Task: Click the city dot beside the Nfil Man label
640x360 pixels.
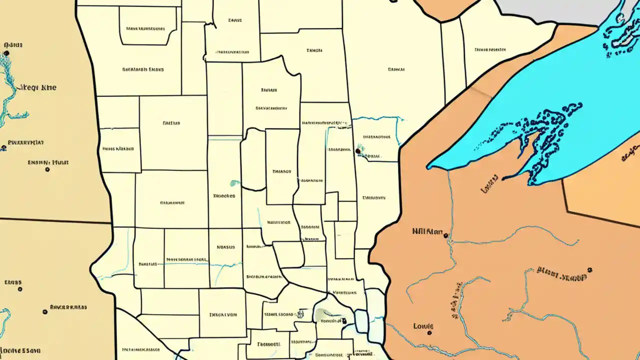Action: tap(445, 235)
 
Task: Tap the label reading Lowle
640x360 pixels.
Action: tap(422, 326)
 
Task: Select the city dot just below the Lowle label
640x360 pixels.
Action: tap(429, 332)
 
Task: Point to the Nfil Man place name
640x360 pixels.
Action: tap(427, 231)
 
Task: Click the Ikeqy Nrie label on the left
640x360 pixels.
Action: tap(37, 87)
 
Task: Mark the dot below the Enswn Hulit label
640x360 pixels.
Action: tap(47, 169)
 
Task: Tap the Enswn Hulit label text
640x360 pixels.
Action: tap(48, 162)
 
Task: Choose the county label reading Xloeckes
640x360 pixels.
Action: tap(223, 196)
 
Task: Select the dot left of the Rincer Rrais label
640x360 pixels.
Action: tap(45, 311)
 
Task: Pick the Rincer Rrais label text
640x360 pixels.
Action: tap(68, 307)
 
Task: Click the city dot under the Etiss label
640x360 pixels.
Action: tap(19, 289)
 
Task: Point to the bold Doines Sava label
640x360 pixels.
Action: tap(20, 350)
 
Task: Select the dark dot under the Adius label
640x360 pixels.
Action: tap(6, 52)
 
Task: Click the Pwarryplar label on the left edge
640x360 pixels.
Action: tap(23, 141)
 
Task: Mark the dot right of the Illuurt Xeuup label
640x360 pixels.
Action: tap(590, 269)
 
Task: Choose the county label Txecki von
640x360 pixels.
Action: tap(222, 315)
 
